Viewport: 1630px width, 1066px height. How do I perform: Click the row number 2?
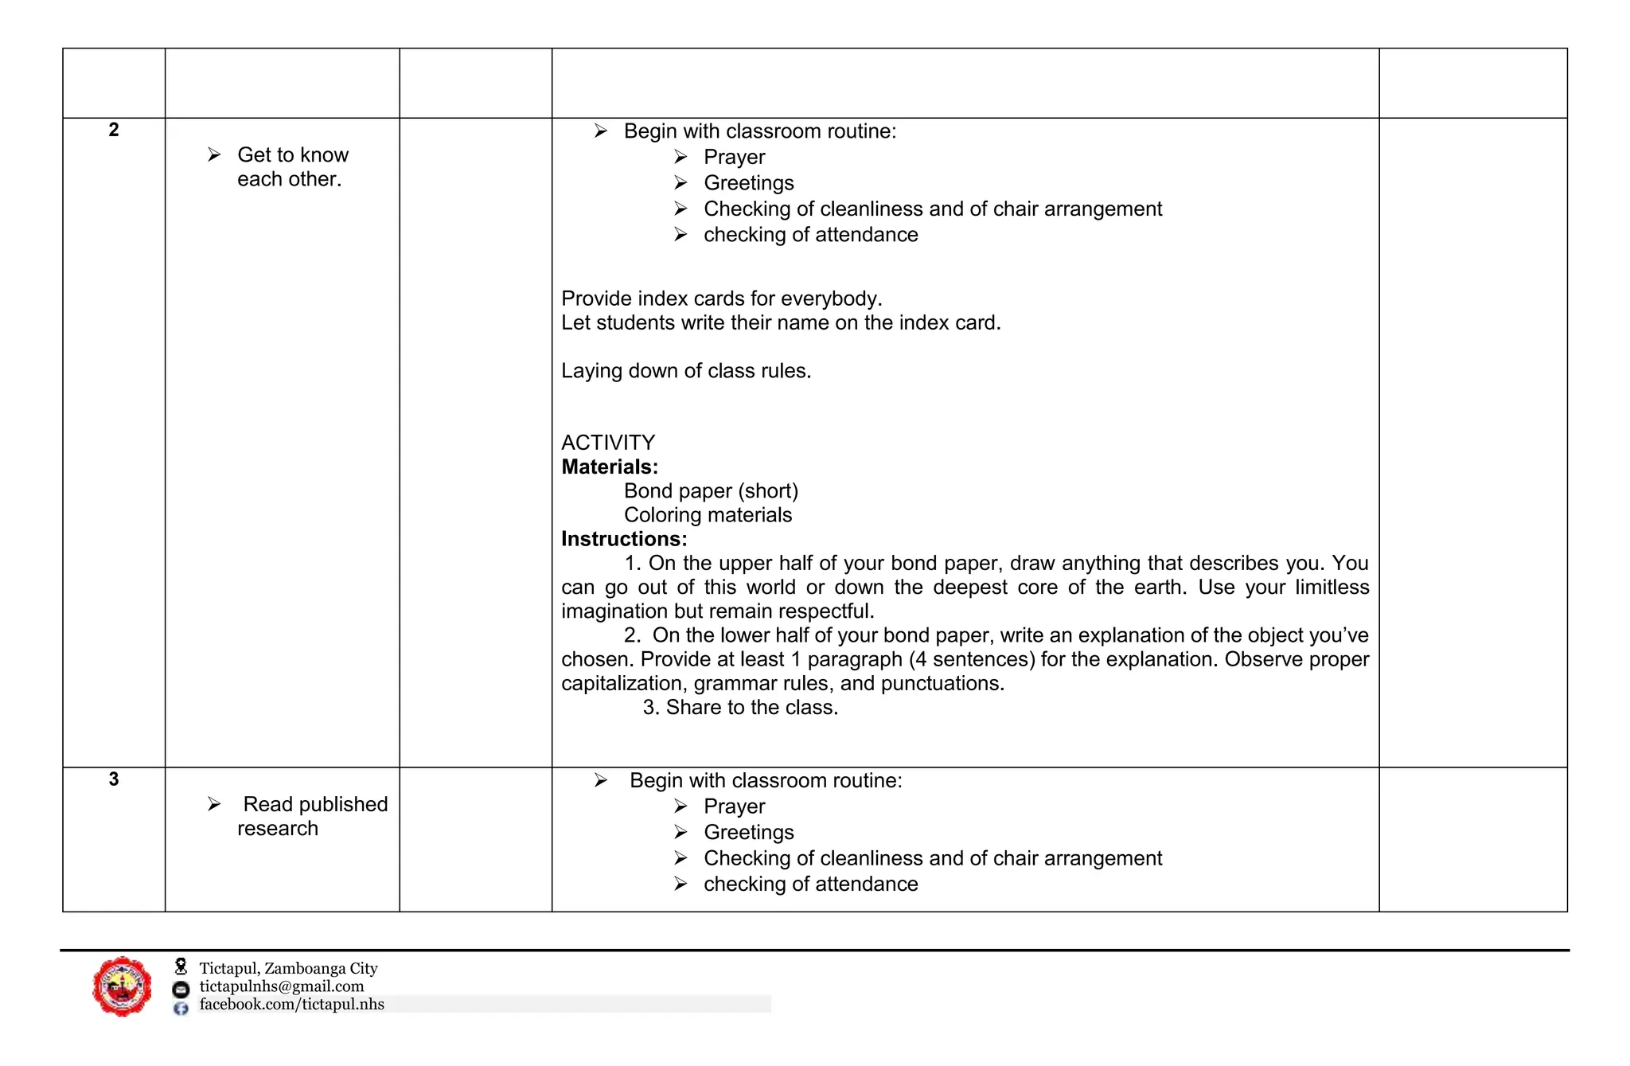pyautogui.click(x=114, y=130)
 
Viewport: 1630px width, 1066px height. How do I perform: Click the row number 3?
pyautogui.click(x=114, y=779)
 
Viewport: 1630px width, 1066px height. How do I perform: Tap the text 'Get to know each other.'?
pyautogui.click(x=292, y=167)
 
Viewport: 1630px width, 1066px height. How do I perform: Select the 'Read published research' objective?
pyautogui.click(x=312, y=816)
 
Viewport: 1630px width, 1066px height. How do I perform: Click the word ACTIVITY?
pyautogui.click(x=608, y=443)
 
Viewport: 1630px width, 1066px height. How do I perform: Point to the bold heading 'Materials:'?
pyautogui.click(x=610, y=467)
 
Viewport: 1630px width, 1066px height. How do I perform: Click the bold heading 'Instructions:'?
pyautogui.click(x=624, y=539)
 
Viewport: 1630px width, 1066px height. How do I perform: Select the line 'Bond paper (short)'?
pyautogui.click(x=711, y=491)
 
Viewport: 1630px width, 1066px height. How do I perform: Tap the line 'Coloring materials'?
pyautogui.click(x=708, y=515)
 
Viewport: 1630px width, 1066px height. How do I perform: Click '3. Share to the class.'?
pyautogui.click(x=740, y=708)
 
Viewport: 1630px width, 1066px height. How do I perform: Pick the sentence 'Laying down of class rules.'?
pyautogui.click(x=686, y=371)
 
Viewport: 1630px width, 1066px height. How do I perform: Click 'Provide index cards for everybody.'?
pyautogui.click(x=721, y=299)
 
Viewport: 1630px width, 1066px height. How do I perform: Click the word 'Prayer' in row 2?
pyautogui.click(x=734, y=158)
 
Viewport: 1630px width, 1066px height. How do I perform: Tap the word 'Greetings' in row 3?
pyautogui.click(x=748, y=833)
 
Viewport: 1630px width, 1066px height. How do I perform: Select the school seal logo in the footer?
pyautogui.click(x=122, y=986)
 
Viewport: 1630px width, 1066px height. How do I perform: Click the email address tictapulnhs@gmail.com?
pyautogui.click(x=281, y=986)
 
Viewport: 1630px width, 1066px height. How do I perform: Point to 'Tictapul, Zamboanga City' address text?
pyautogui.click(x=288, y=968)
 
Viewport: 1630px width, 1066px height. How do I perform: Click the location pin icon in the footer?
pyautogui.click(x=181, y=966)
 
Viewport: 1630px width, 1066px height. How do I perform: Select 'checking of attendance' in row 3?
pyautogui.click(x=810, y=884)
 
